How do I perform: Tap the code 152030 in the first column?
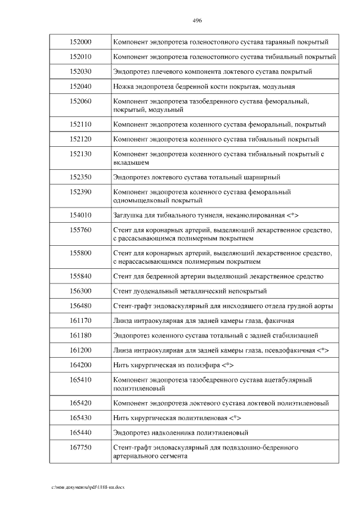pyautogui.click(x=80, y=72)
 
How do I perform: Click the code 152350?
pyautogui.click(x=80, y=177)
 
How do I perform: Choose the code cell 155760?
pyautogui.click(x=80, y=230)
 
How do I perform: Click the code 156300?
pyautogui.click(x=80, y=291)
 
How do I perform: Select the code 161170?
pyautogui.click(x=80, y=321)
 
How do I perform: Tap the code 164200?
pyautogui.click(x=80, y=365)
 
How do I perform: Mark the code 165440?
pyautogui.click(x=80, y=433)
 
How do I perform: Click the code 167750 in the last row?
pyautogui.click(x=80, y=448)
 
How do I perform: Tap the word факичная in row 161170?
pyautogui.click(x=279, y=321)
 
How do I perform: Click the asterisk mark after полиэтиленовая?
pyautogui.click(x=236, y=418)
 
